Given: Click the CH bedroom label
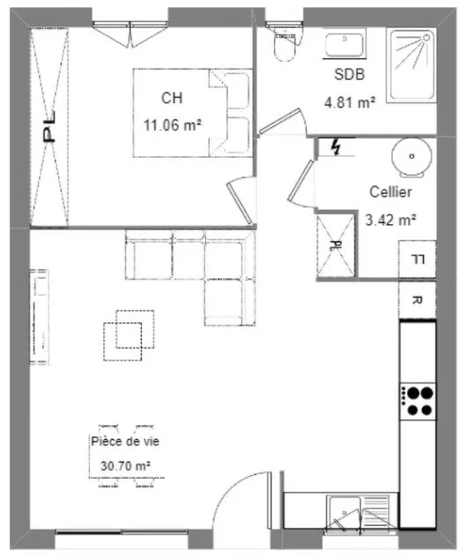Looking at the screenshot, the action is (172, 98).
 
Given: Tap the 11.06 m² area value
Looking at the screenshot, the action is (172, 125).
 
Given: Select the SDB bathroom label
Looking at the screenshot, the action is (350, 75).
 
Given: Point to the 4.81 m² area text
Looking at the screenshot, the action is (350, 102).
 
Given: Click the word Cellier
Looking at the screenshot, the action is (390, 192).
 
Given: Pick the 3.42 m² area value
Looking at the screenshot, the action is (390, 219).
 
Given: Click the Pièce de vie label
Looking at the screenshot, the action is (125, 442).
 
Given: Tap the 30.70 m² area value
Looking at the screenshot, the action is (125, 465).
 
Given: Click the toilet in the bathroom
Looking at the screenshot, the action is (285, 45).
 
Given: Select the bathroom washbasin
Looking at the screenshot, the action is (345, 44).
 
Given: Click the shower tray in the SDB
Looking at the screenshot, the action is (412, 66).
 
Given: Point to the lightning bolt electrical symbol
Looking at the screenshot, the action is (335, 146).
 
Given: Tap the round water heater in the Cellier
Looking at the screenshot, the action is (412, 158).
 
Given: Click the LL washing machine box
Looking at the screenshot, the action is (418, 259).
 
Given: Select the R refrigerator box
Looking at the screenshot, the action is (418, 301).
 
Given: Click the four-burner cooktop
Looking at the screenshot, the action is (418, 401).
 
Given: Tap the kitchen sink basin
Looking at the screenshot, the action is (344, 513).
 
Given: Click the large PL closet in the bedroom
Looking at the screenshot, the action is (49, 127).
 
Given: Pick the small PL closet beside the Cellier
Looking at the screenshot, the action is (336, 245).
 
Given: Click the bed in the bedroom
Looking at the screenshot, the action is (192, 113).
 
